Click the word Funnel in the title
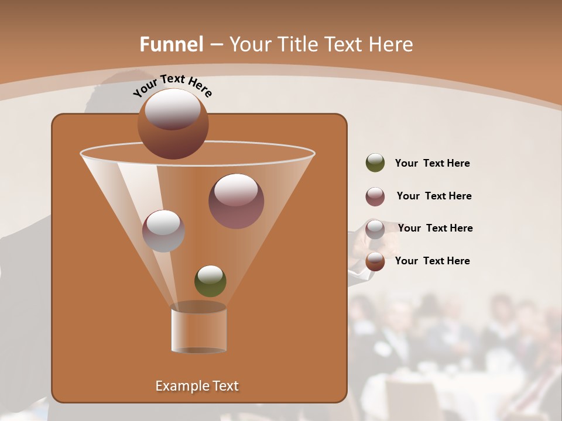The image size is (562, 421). click(x=172, y=44)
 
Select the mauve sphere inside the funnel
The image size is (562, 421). click(x=236, y=201)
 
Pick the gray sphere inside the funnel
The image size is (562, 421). click(x=163, y=231)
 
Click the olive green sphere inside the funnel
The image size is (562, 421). click(x=210, y=281)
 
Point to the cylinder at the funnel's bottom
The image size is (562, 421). click(x=198, y=329)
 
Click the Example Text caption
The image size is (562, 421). click(x=197, y=386)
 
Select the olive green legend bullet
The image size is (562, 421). click(x=375, y=163)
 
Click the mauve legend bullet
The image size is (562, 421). click(x=375, y=196)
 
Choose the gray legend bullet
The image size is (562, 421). click(x=375, y=229)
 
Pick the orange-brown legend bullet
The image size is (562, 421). click(x=375, y=261)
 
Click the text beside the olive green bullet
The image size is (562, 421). click(x=432, y=164)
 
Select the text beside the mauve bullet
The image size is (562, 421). click(x=434, y=196)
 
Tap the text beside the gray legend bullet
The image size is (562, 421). click(x=435, y=229)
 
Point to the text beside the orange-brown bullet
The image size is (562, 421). click(x=432, y=261)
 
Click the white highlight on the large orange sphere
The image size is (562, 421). click(x=173, y=109)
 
